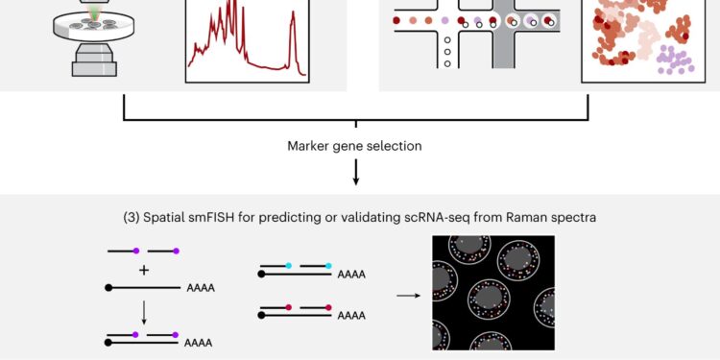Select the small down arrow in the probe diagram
[x=144, y=310]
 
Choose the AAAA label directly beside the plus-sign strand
[x=201, y=287]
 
